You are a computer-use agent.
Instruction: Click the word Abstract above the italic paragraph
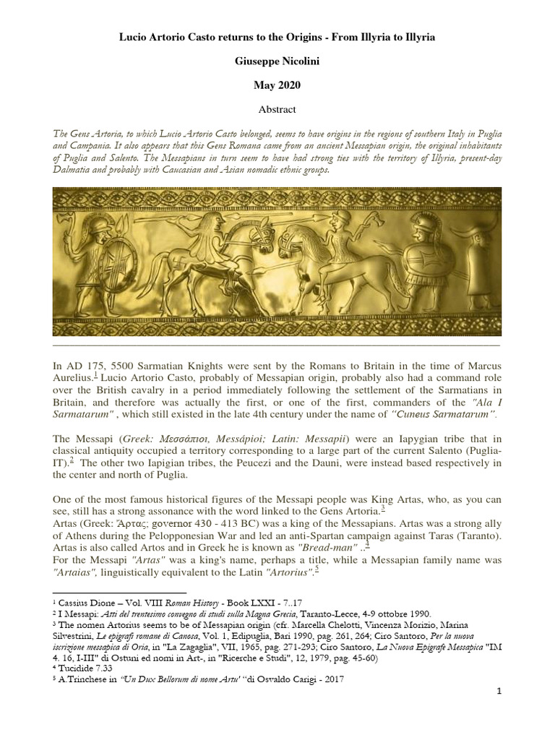tap(277, 110)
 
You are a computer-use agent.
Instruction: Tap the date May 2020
tap(277, 85)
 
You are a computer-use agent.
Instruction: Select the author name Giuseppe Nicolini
tap(277, 60)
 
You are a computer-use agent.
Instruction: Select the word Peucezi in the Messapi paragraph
tap(279, 462)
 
